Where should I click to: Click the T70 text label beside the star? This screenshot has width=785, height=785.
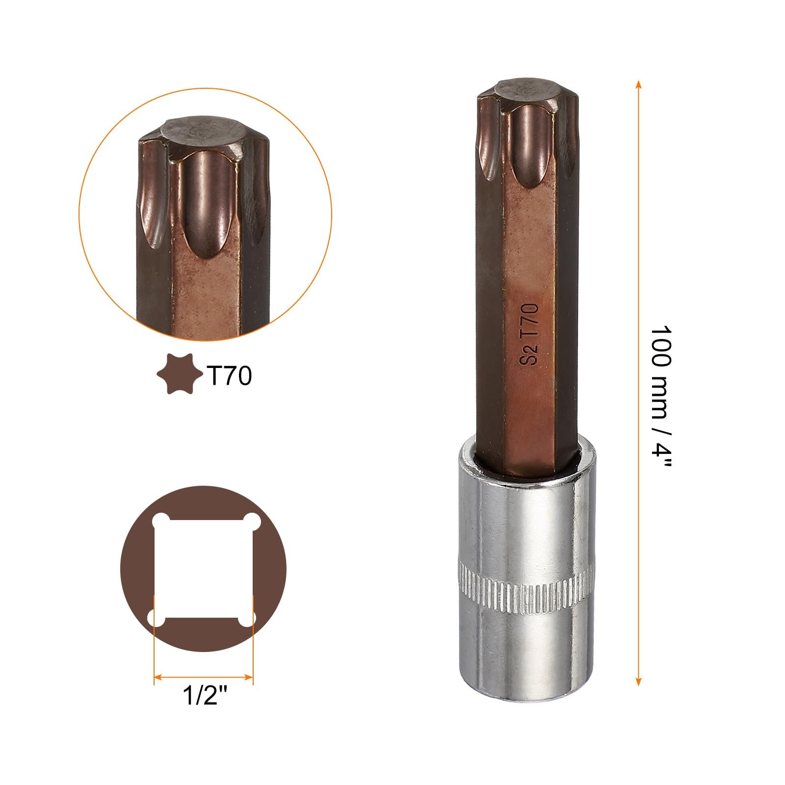(229, 376)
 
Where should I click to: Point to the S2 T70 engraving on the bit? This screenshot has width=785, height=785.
(529, 334)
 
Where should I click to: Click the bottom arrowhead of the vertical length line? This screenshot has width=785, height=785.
(638, 681)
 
